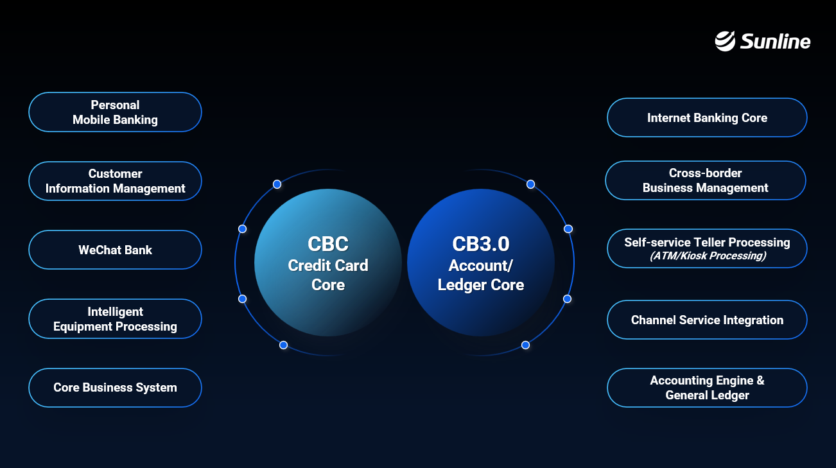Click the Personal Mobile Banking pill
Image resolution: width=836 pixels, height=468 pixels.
point(115,112)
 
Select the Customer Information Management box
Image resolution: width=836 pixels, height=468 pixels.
point(115,181)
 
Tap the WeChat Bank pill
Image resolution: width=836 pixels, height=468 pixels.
point(115,250)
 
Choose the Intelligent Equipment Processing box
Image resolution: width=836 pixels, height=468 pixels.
point(115,318)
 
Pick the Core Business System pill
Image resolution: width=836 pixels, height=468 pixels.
point(115,387)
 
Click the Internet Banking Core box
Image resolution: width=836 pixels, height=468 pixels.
point(707,117)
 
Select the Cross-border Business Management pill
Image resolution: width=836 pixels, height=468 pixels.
point(706,180)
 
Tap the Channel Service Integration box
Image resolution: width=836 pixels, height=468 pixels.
point(707,320)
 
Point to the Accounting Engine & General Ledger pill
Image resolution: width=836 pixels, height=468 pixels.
point(707,388)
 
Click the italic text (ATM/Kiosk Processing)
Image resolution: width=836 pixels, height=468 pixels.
point(708,256)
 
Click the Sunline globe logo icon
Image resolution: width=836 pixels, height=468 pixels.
point(725,41)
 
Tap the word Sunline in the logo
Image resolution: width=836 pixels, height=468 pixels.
point(775,41)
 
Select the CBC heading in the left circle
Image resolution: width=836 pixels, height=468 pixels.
point(328,244)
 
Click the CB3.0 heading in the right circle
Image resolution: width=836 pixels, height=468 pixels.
point(481,244)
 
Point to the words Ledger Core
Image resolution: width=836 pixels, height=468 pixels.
point(481,285)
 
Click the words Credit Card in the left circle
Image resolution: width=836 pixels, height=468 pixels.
point(328,265)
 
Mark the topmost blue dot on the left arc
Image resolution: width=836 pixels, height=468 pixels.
point(277,184)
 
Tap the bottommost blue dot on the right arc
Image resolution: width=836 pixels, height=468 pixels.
point(525,345)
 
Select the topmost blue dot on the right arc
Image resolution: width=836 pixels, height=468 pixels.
point(531,184)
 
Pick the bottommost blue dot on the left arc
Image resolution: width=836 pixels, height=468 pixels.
point(284,345)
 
